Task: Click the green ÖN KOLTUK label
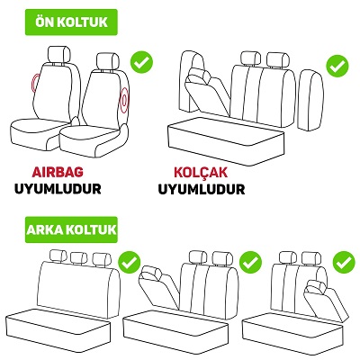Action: tap(71, 22)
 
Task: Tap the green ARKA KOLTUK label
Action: tap(71, 229)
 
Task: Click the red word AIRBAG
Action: tap(58, 172)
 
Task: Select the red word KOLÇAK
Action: tap(201, 172)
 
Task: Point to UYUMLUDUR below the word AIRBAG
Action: tap(58, 189)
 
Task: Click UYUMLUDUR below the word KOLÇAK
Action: tap(202, 189)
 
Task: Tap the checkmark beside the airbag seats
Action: tap(141, 63)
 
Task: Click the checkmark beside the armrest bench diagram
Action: tap(337, 66)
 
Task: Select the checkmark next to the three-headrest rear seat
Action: tap(130, 263)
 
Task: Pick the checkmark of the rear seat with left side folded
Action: tap(250, 263)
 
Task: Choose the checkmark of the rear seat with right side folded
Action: tap(344, 263)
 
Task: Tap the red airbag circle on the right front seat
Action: tap(124, 100)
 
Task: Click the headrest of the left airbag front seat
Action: tap(59, 54)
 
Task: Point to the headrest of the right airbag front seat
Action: tap(108, 61)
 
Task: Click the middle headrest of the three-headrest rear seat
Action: tap(78, 258)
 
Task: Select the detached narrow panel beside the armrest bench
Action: tap(310, 100)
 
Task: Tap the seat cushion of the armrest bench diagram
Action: tap(226, 140)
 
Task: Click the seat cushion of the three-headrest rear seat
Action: tap(58, 329)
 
